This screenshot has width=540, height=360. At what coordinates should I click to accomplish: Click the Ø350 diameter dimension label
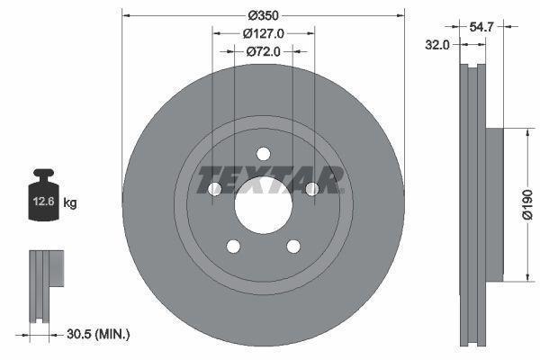tap(263, 15)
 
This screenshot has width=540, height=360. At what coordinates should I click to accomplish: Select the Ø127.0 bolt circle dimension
tap(264, 32)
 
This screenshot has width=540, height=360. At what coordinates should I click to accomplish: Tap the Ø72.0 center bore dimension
tap(264, 51)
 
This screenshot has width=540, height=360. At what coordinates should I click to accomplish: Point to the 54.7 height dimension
tap(483, 28)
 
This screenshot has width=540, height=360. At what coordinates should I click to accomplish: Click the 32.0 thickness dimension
tap(439, 44)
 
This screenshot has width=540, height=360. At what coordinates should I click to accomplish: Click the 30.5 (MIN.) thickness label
tap(100, 334)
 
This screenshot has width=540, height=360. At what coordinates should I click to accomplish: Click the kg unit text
tap(70, 203)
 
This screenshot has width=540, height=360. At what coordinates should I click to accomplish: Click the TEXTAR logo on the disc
tap(271, 179)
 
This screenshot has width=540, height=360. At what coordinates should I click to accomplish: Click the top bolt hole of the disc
tap(263, 153)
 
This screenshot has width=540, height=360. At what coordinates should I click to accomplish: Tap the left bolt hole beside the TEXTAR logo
tap(215, 189)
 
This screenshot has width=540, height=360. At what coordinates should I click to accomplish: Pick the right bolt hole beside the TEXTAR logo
tap(311, 189)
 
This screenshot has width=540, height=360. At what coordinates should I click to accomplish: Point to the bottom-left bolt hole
tap(233, 246)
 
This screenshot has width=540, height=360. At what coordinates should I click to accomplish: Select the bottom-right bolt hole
tap(292, 246)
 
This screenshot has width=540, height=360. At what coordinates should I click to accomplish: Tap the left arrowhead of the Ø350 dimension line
tap(126, 15)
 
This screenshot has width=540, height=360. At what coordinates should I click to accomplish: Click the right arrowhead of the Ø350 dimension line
tap(400, 15)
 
